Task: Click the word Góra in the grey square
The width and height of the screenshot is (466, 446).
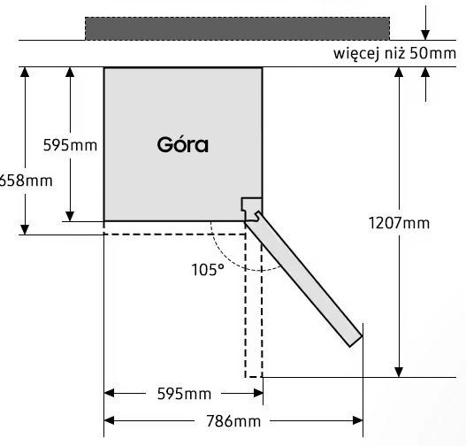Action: [182, 145]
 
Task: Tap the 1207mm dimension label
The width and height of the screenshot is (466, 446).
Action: [399, 223]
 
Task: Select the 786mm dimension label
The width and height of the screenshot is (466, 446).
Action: [233, 421]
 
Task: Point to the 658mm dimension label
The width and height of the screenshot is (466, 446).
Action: [26, 181]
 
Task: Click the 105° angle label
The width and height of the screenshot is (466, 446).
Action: [208, 270]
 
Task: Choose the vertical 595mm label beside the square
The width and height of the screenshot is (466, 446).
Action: [70, 145]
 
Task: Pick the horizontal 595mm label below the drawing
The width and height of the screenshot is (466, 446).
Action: [184, 394]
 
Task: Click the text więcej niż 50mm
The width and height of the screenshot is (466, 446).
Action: [394, 54]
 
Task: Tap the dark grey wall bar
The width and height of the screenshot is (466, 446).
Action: [238, 28]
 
